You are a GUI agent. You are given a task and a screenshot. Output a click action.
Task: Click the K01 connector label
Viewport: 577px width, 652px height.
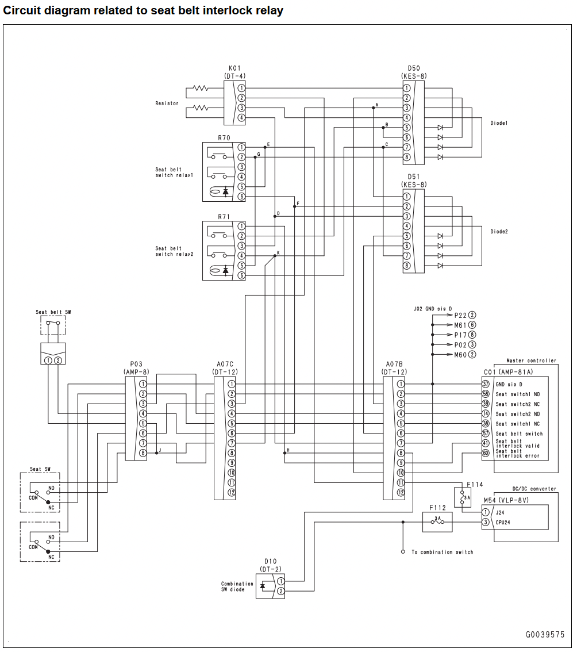234,68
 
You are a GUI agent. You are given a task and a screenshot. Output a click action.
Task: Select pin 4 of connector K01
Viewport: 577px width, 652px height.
241,118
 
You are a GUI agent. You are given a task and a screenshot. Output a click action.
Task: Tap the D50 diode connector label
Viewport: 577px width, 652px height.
414,68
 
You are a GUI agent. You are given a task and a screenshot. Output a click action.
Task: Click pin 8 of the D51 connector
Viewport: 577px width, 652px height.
407,266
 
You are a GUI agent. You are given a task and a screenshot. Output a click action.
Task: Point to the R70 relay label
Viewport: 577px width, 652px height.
224,137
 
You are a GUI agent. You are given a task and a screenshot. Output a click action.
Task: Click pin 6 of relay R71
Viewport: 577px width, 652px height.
241,275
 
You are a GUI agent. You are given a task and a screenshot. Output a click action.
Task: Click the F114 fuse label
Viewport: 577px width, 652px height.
475,485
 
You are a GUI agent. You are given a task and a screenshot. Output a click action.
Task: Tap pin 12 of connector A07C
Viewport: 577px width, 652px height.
232,493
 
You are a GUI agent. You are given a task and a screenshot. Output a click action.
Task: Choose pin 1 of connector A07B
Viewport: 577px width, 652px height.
401,384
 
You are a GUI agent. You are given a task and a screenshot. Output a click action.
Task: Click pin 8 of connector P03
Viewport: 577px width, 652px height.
143,453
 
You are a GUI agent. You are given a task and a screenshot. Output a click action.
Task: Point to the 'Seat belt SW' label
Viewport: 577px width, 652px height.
53,312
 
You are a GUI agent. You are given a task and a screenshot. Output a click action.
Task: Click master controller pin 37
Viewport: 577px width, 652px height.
486,384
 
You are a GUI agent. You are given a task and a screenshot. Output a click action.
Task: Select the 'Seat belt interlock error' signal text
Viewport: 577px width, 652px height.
518,453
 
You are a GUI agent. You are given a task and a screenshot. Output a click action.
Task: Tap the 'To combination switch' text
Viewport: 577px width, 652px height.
443,552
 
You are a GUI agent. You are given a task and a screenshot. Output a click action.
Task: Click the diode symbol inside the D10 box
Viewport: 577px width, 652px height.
263,586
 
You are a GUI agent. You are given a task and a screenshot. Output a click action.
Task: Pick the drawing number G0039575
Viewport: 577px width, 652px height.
545,635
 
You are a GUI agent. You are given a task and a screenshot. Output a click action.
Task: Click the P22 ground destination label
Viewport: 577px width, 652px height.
460,315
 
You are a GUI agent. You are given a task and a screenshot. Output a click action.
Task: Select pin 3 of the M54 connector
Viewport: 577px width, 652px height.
486,522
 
